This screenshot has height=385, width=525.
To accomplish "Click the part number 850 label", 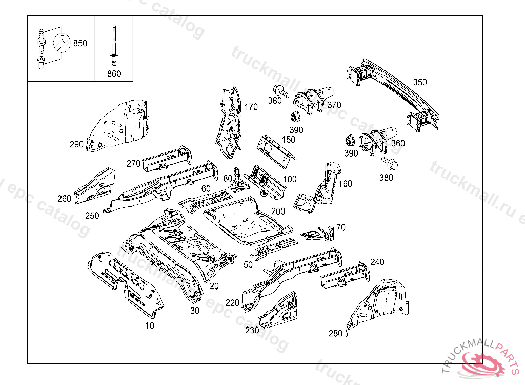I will click(x=80, y=43).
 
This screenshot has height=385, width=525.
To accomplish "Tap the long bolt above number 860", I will click(x=112, y=44).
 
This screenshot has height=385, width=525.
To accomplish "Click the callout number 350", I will click(x=420, y=82).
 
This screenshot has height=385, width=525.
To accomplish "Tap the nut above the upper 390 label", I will click(x=296, y=116).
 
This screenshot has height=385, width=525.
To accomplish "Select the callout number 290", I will click(x=76, y=144).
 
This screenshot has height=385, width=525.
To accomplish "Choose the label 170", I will click(x=251, y=107).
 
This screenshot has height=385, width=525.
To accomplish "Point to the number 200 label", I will click(x=278, y=211).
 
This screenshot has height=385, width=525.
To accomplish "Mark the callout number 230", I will click(x=252, y=330).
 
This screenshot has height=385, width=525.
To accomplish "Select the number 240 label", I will click(x=377, y=262).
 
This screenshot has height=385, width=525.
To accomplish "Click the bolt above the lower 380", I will click(x=389, y=163).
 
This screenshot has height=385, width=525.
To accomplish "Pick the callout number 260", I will click(x=64, y=199).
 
